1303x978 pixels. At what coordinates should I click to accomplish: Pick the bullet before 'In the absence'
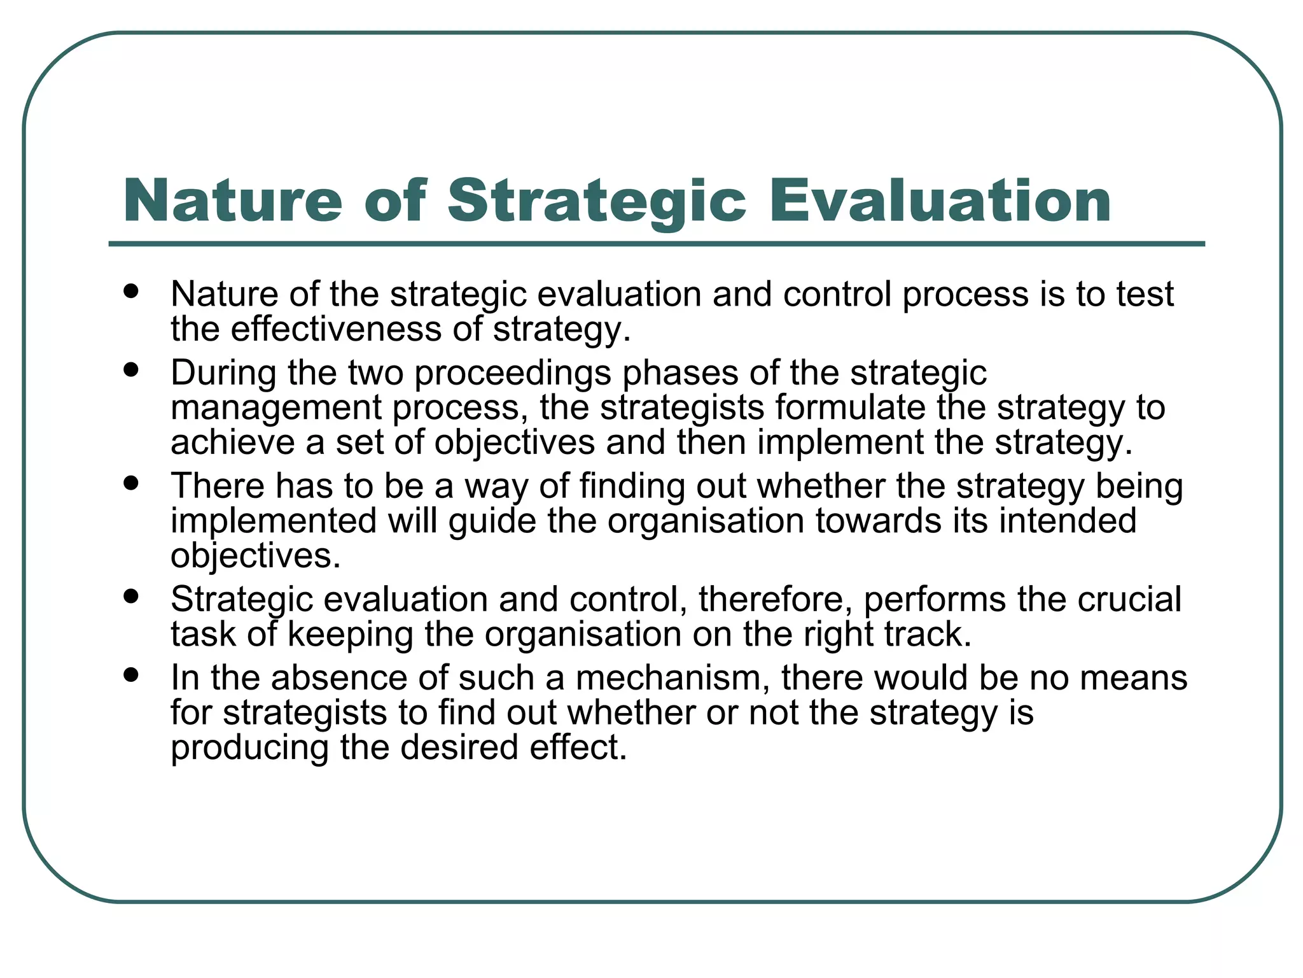pyautogui.click(x=132, y=674)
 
